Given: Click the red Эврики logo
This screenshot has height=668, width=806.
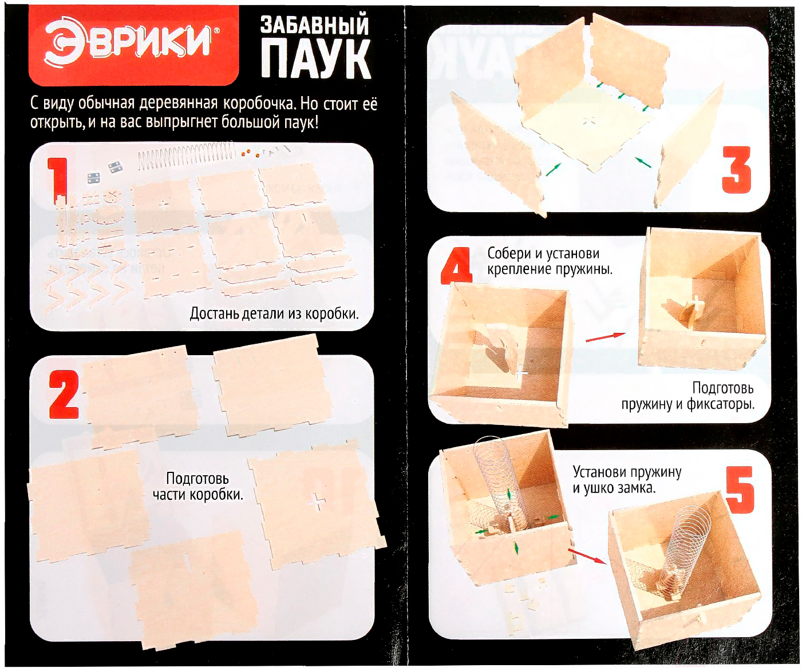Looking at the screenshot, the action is [133, 46].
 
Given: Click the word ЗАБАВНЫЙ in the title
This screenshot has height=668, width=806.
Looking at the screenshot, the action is [315, 26].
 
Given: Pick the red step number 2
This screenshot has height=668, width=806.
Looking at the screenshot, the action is [64, 395].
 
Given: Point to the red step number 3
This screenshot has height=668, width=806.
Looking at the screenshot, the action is [736, 170].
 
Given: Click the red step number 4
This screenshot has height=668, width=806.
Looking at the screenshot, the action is [456, 266].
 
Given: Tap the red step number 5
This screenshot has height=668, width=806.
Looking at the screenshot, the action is [740, 490].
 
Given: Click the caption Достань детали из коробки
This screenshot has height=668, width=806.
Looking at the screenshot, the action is [274, 314].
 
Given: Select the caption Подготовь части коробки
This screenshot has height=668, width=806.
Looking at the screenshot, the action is [198, 487].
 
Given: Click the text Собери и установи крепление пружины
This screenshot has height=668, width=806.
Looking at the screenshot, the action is [550, 261].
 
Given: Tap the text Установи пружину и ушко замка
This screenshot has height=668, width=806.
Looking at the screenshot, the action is [627, 479].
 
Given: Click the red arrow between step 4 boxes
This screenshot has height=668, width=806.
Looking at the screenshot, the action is [605, 337].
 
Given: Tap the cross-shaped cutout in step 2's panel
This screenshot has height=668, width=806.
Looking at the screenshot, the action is [316, 502].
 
